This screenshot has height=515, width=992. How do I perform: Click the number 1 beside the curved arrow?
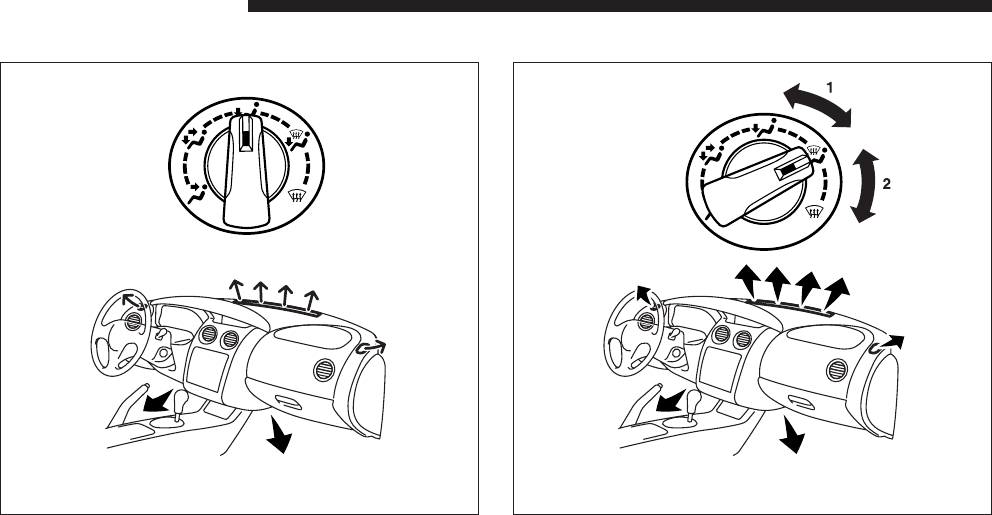[x=830, y=87]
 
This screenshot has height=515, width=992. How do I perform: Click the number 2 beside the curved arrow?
[x=886, y=184]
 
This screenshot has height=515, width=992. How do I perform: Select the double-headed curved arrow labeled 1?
[x=817, y=104]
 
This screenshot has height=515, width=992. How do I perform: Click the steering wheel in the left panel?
[x=120, y=330]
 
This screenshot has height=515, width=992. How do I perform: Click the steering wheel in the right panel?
[x=633, y=330]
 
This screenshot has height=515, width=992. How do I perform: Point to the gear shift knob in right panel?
[x=693, y=400]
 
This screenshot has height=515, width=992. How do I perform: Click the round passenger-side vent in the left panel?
[x=325, y=370]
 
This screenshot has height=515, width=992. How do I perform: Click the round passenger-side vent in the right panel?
[x=838, y=370]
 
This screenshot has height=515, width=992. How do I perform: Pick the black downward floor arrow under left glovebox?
[x=278, y=436]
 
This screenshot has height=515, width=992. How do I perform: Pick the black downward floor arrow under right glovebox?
[x=791, y=436]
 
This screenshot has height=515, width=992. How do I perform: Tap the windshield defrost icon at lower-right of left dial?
[x=294, y=195]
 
